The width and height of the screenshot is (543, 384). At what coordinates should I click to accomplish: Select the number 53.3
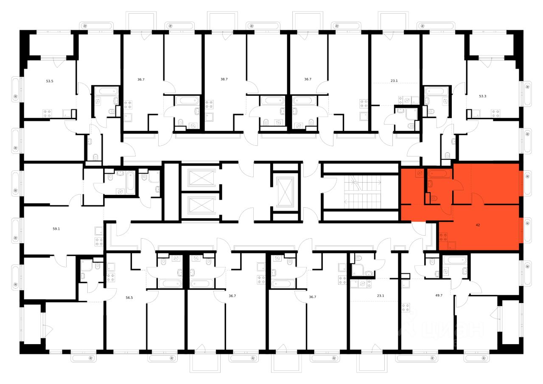pos(483,96)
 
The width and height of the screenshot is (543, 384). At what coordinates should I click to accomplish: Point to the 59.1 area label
pos(56,229)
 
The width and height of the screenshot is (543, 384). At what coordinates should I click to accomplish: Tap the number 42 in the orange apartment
pos(478,225)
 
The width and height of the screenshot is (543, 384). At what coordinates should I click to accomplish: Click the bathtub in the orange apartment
pos(439,173)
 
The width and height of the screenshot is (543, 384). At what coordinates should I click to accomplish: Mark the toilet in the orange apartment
pos(434,198)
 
